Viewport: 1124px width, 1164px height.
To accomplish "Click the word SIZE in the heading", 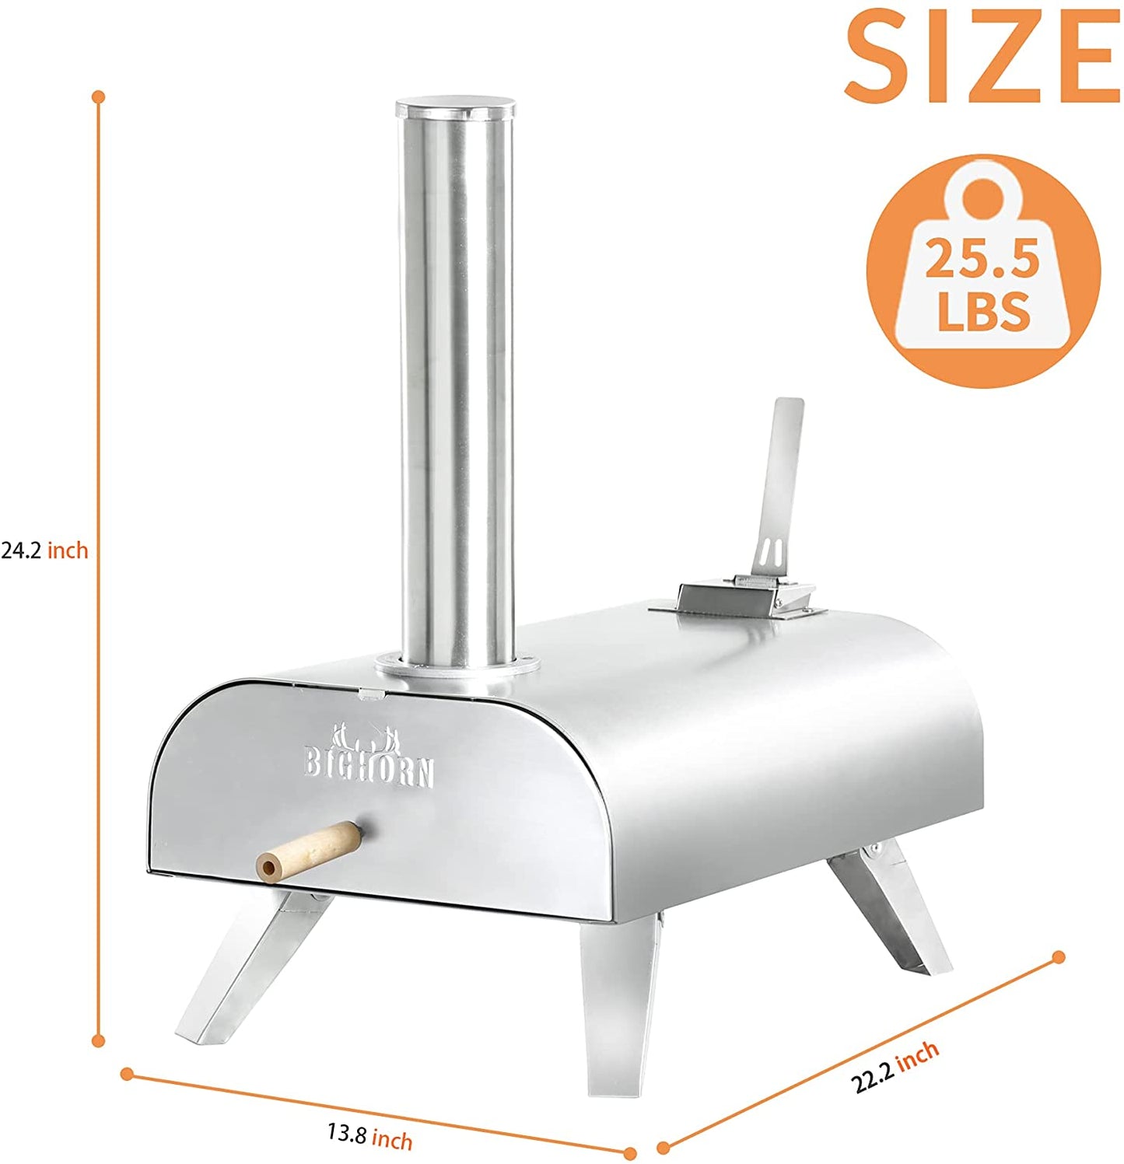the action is pos(982,56).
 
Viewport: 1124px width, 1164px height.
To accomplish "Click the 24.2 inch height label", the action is pos(44,551).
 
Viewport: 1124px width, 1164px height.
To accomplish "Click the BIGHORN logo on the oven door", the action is pos(369,755).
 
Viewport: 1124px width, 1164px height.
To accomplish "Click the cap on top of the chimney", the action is pos(455,108).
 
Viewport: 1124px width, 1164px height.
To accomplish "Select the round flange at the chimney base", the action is pos(455,667).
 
